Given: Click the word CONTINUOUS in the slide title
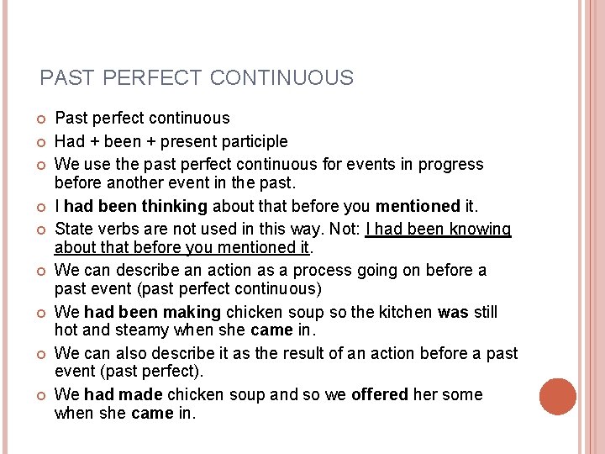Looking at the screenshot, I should point(281,78).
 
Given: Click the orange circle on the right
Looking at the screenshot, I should point(558,397).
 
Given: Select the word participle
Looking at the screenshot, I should point(254,141).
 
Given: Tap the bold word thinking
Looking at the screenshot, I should point(175,206).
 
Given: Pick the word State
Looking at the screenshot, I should point(74,229).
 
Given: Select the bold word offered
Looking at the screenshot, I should point(380,394).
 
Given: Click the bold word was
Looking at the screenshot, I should point(453,312).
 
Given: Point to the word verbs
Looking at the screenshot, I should point(118,229).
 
